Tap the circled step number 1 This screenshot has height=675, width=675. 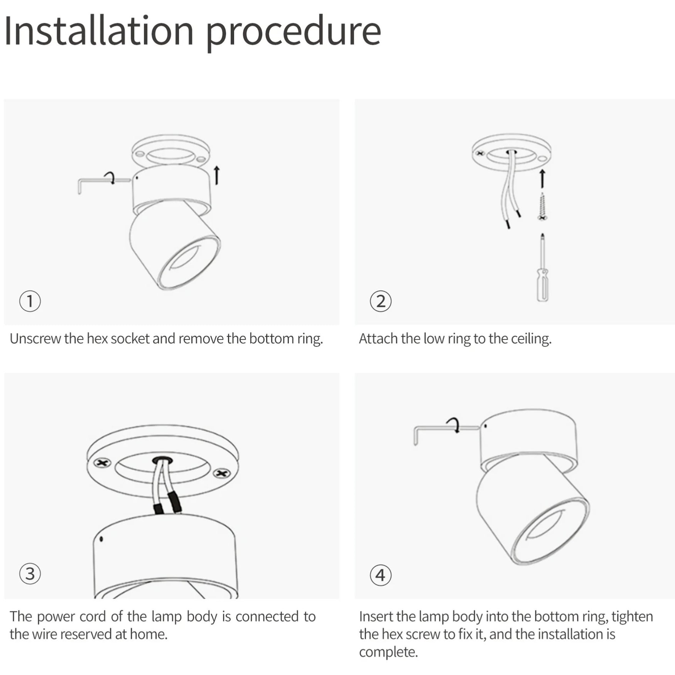(x=30, y=301)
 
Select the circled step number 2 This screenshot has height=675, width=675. (x=381, y=301)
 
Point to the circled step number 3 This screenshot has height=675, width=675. (x=30, y=574)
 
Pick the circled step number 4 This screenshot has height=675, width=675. (x=381, y=575)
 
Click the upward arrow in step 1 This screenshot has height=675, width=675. (x=217, y=175)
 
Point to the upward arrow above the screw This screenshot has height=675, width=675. (x=542, y=179)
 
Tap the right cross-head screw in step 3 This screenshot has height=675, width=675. (x=222, y=473)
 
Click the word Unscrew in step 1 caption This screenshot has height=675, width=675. (x=35, y=339)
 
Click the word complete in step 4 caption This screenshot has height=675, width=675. (x=388, y=652)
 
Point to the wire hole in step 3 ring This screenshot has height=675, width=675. (x=162, y=460)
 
